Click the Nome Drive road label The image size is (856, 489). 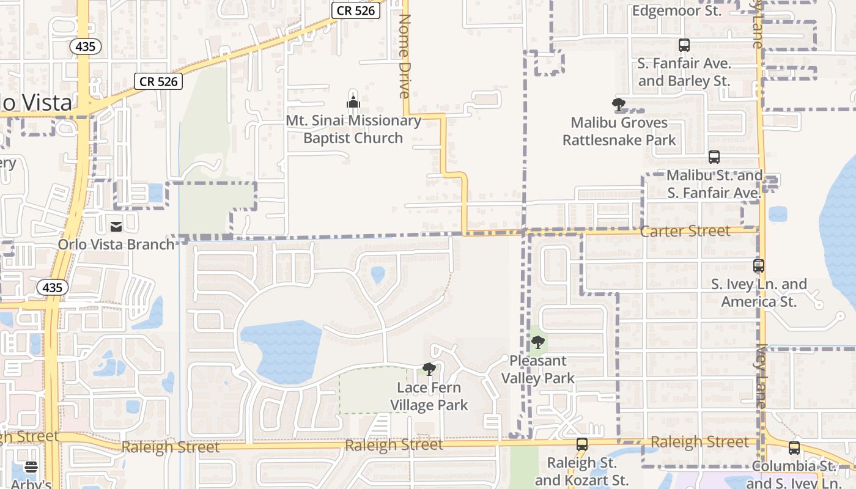pos(404,56)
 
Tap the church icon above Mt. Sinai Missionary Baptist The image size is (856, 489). pos(353,101)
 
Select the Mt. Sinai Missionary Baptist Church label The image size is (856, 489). pos(353,130)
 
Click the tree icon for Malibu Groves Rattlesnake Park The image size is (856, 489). pos(619,104)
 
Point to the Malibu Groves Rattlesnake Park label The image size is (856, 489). pos(619,131)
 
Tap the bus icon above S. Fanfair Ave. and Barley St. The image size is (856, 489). pos(684,45)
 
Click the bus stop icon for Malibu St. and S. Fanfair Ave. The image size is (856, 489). pos(714,157)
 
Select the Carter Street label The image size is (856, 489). pos(685,231)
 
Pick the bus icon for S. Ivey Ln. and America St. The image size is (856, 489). pos(759,266)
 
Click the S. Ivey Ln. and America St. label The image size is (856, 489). pos(759,293)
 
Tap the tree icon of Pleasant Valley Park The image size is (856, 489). pos(537,342)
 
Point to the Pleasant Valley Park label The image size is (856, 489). pos(538,369)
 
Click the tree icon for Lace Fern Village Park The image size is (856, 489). pos(429,369)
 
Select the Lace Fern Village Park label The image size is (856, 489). pos(429,396)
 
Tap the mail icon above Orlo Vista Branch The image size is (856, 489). pos(116,227)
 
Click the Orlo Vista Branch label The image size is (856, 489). pos(116,244)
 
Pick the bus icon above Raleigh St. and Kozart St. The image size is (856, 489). pos(582,444)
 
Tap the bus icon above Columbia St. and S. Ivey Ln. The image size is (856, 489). pos(794,448)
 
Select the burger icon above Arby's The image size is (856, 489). pos(31,467)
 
